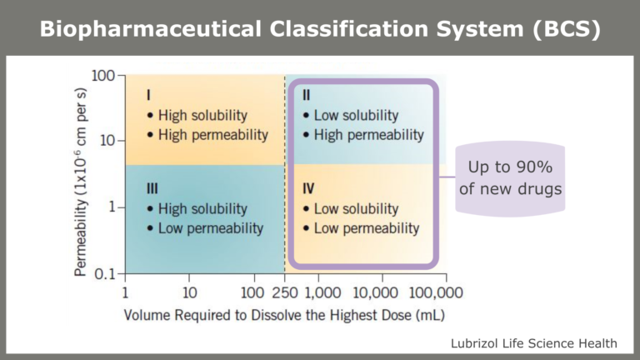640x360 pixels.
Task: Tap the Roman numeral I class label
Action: click(x=148, y=96)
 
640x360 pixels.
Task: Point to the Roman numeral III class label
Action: click(x=152, y=189)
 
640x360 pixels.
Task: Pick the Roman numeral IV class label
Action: click(x=308, y=189)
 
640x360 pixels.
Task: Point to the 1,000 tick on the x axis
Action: click(x=320, y=292)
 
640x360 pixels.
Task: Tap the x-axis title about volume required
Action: click(x=283, y=316)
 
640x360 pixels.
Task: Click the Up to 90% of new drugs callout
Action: click(x=510, y=178)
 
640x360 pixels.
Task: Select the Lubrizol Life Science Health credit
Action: click(x=533, y=342)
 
